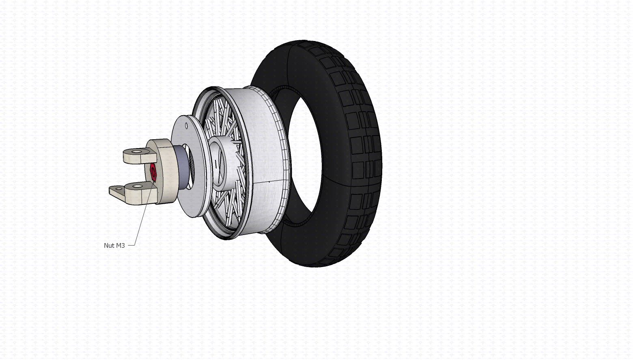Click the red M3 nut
pos(153,172)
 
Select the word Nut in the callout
pos(108,246)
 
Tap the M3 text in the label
pos(120,246)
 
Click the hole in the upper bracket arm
pos(137,152)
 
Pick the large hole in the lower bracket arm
pos(137,186)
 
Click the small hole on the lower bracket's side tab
pos(119,188)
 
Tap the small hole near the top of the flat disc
pos(186,125)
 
